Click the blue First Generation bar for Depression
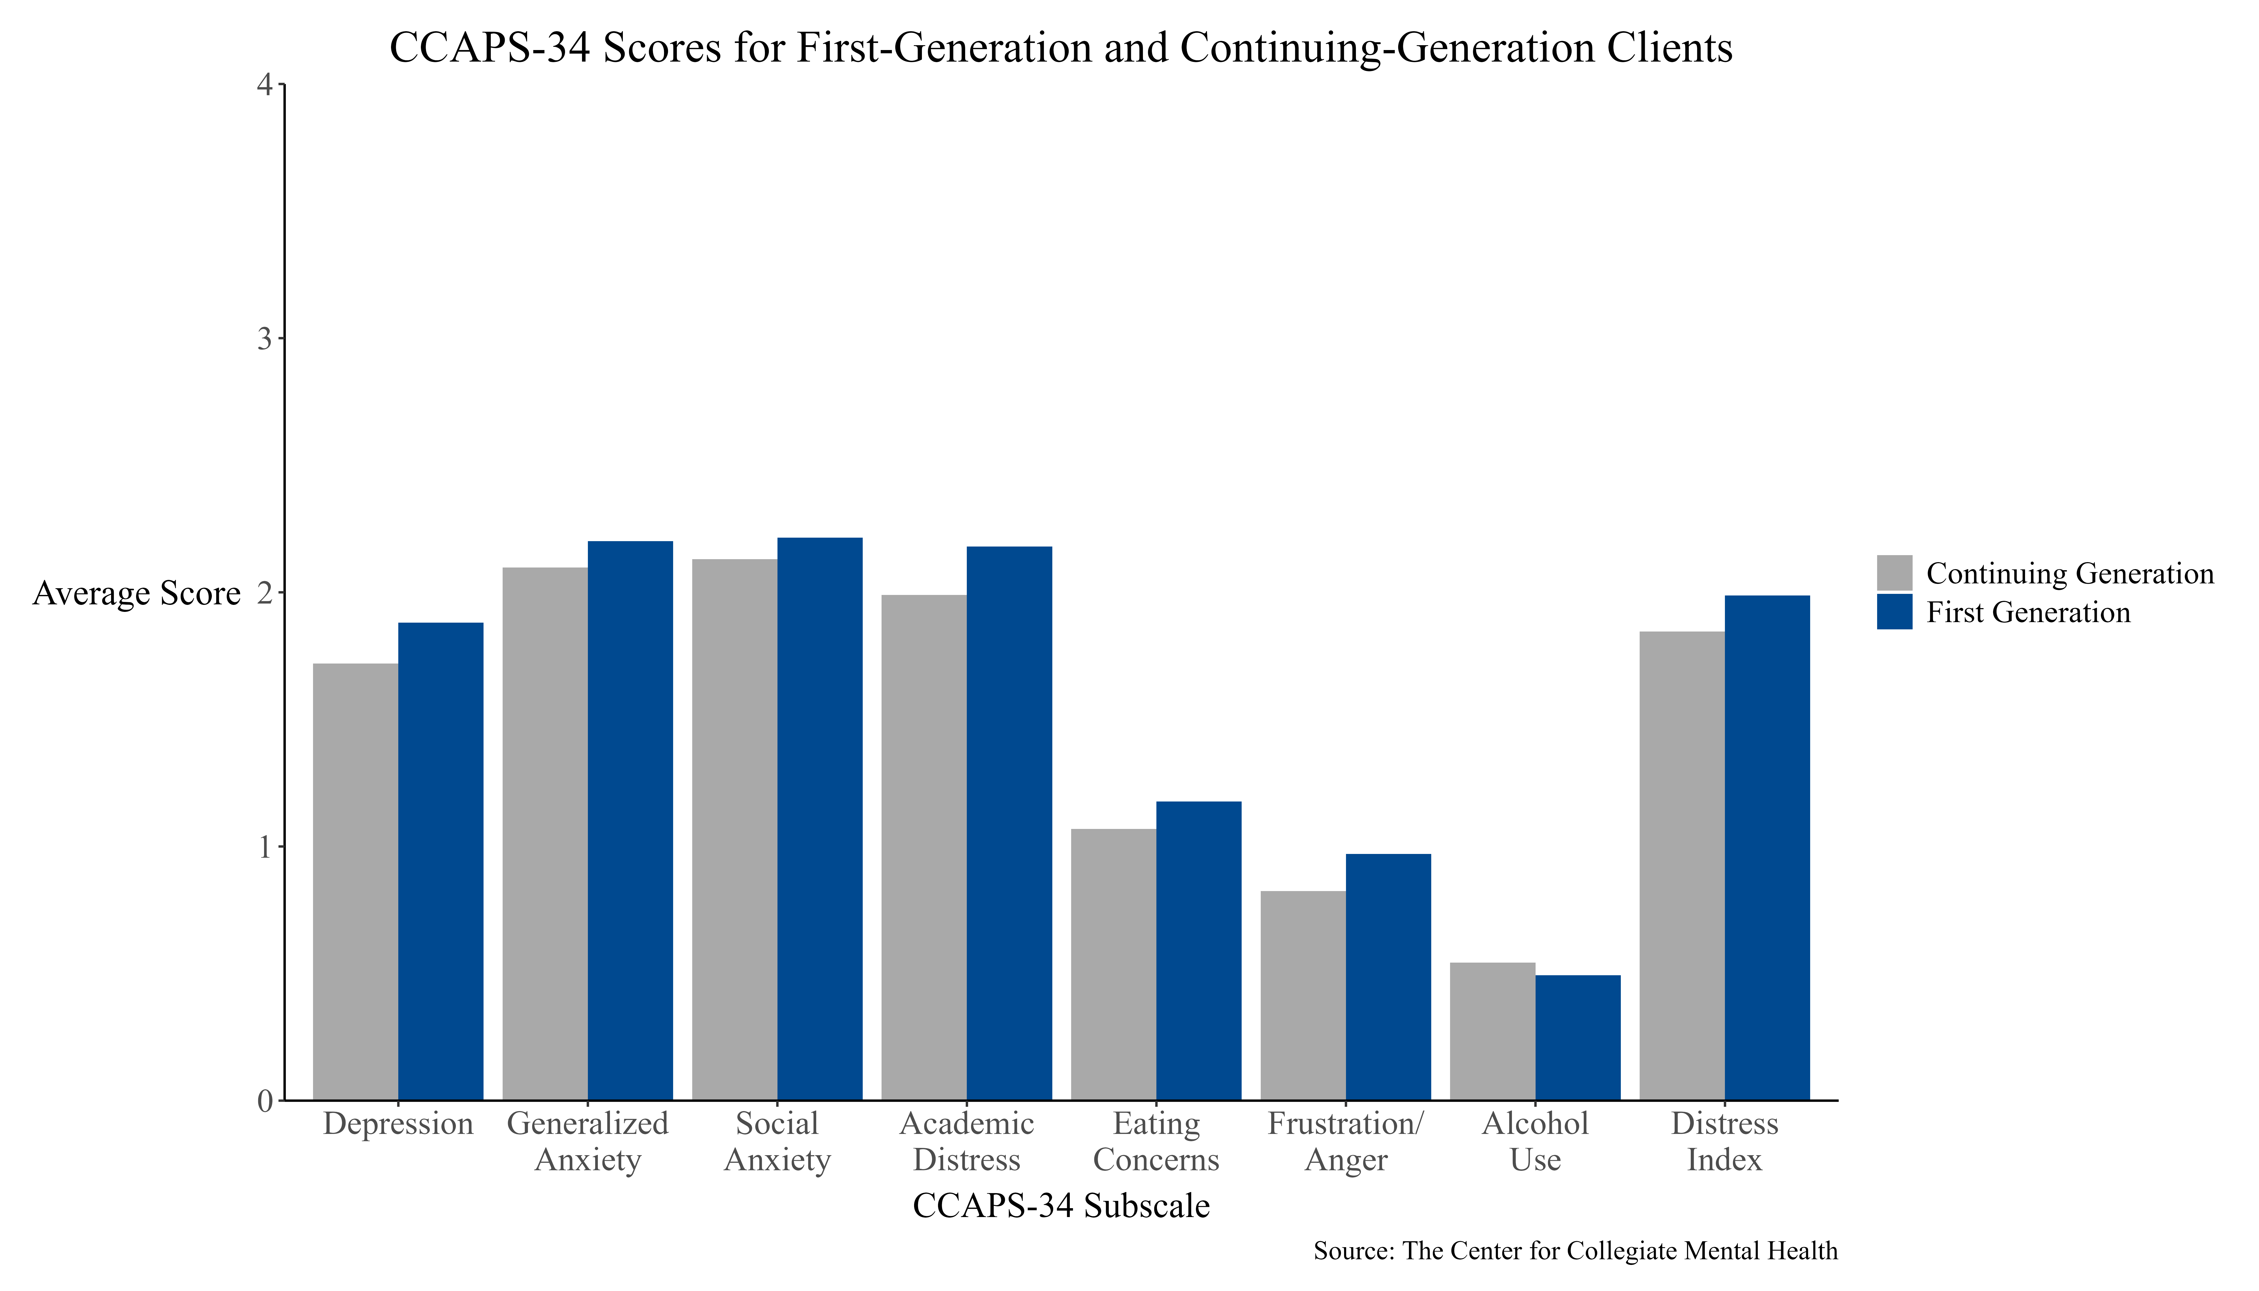[441, 861]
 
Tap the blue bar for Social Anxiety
[820, 818]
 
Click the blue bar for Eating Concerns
[1199, 950]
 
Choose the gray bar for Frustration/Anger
[1303, 996]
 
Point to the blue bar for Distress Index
[1767, 848]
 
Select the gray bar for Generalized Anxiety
[545, 834]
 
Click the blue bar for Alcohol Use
[1578, 1037]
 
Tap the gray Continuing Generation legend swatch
[1895, 573]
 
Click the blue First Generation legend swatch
[1895, 612]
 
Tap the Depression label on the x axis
[398, 1123]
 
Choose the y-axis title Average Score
[137, 593]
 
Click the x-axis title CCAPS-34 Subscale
[1061, 1206]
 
